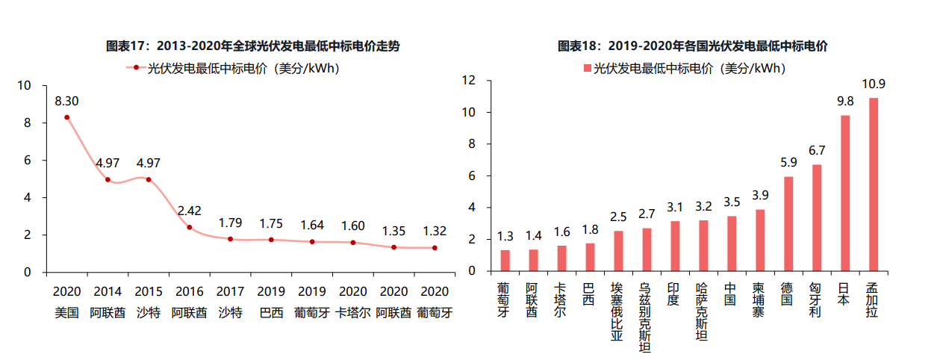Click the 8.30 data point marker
click(x=66, y=117)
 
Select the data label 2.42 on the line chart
click(x=189, y=211)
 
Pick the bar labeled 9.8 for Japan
click(x=845, y=193)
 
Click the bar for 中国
click(x=732, y=243)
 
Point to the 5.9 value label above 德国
click(x=788, y=161)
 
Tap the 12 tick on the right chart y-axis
click(x=470, y=81)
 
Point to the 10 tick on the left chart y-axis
click(x=25, y=86)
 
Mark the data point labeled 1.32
click(x=435, y=248)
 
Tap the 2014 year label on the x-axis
click(x=108, y=291)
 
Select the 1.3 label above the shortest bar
click(x=505, y=237)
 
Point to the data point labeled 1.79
click(x=230, y=239)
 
